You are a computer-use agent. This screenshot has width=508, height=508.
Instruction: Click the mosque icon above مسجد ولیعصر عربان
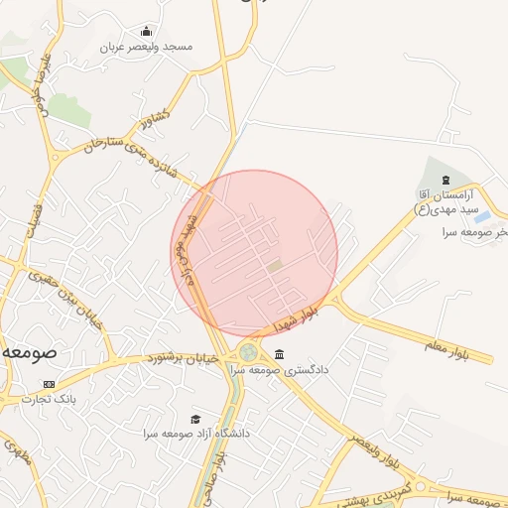coord(148,31)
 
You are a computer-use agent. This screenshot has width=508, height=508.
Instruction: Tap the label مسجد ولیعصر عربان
coord(148,47)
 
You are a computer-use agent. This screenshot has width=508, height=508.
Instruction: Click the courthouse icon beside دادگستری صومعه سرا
coord(279,355)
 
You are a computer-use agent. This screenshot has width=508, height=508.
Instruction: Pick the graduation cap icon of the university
coord(195,420)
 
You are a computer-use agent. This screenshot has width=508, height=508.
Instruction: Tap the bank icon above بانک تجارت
coord(50,384)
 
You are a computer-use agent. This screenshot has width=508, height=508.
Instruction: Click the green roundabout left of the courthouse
coord(247,353)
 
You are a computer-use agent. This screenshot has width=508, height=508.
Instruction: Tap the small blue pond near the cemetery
coord(481,217)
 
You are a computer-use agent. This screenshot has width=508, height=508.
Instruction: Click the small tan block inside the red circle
coord(275,265)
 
